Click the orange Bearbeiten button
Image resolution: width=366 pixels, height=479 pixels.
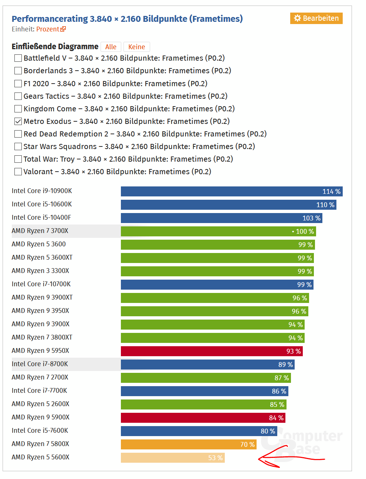tap(316, 18)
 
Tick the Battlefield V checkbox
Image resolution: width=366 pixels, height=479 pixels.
tap(18, 58)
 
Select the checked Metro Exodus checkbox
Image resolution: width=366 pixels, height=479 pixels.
tap(18, 121)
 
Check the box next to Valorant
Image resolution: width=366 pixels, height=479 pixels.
tap(18, 172)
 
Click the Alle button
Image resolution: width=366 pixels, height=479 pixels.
tap(111, 47)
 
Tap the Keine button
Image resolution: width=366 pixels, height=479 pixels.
tap(136, 47)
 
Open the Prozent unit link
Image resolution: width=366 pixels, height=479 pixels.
tap(51, 29)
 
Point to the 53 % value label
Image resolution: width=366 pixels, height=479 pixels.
tap(215, 458)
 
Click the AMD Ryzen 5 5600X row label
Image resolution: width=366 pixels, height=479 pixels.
tap(40, 457)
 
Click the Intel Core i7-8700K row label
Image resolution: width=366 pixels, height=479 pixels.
tap(40, 364)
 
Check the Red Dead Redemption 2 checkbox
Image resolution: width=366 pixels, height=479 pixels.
tap(18, 134)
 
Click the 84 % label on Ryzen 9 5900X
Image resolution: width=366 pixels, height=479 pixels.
tap(276, 418)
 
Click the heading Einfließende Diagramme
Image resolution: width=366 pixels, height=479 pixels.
tap(55, 47)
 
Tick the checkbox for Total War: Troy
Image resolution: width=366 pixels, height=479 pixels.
tap(18, 159)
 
